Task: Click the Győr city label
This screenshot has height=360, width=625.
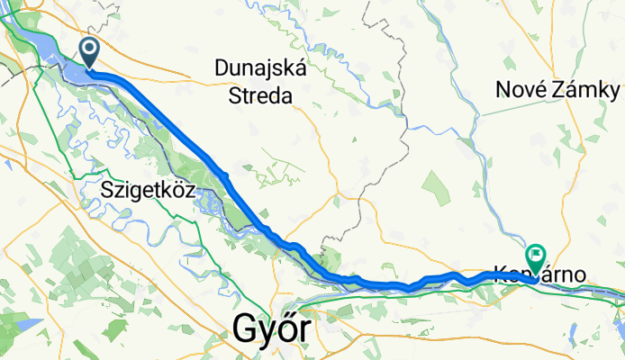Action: (275, 330)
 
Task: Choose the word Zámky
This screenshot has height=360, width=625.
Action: (588, 90)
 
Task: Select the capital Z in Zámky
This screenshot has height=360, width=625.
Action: (564, 90)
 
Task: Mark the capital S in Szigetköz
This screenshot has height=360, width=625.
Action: (108, 190)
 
